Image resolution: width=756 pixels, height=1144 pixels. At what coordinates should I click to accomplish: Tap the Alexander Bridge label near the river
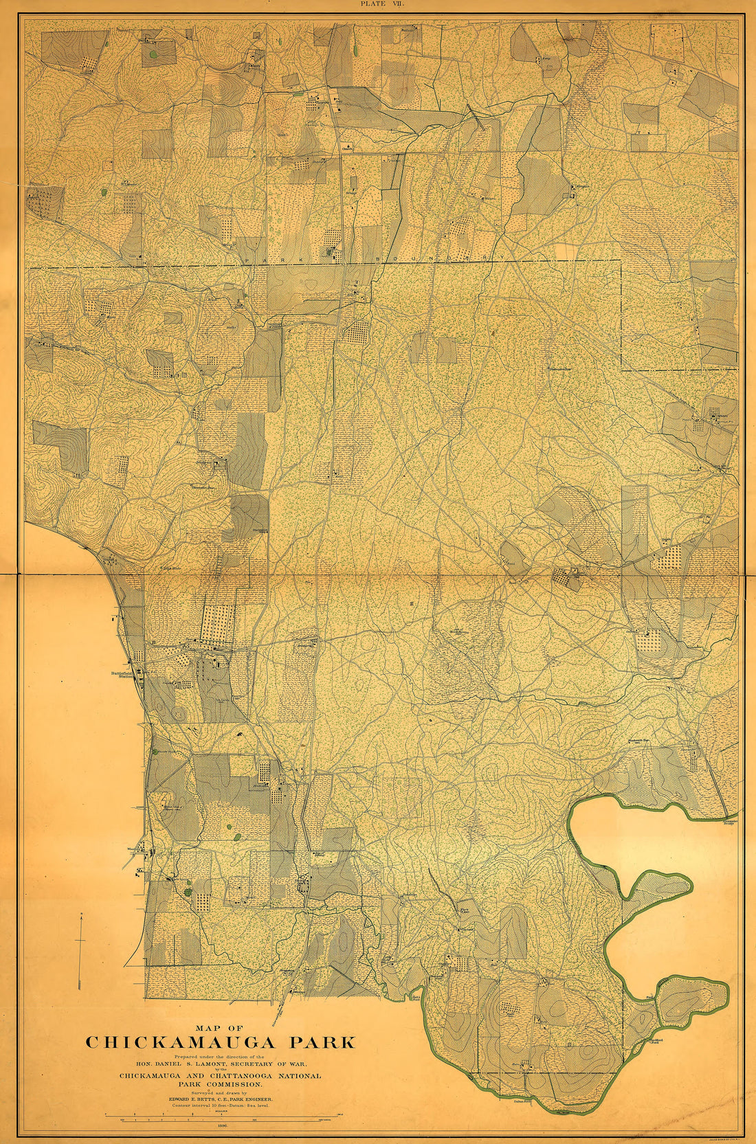729,822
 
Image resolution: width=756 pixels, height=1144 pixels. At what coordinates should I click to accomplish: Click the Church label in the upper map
348,146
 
